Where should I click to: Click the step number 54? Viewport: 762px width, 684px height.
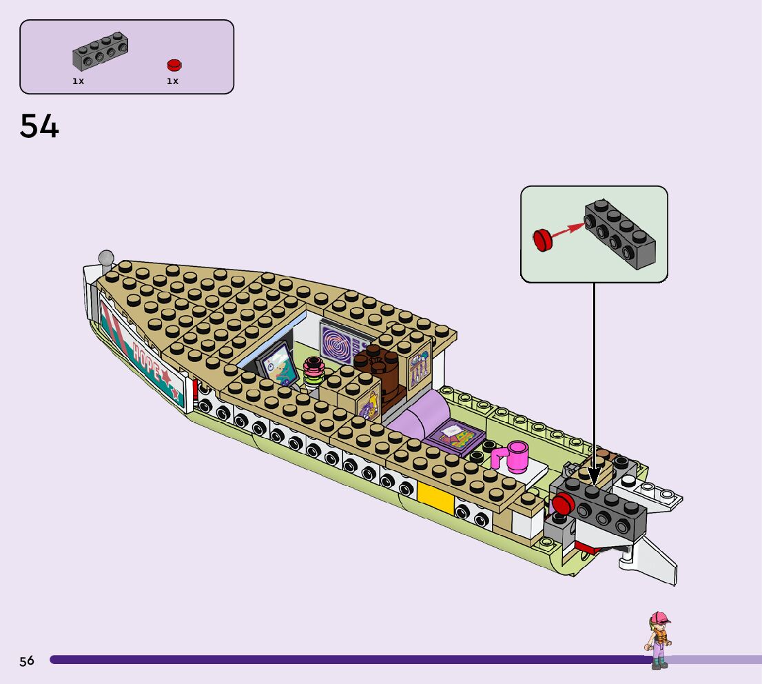click(x=40, y=126)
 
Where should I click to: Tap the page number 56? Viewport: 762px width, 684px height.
click(x=27, y=661)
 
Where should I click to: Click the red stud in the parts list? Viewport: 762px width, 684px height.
click(x=174, y=65)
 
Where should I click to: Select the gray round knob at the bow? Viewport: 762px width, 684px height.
click(x=106, y=259)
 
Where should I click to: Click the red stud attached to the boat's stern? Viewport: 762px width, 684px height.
click(x=563, y=505)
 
